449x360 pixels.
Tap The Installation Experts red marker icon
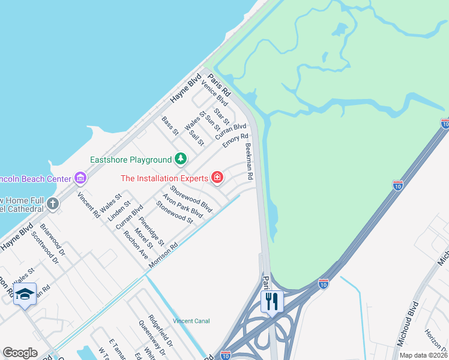click(x=217, y=178)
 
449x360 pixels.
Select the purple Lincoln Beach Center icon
click(x=80, y=178)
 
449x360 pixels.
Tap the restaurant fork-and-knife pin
click(x=272, y=300)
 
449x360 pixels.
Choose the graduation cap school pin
click(x=25, y=294)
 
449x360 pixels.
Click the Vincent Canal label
click(x=191, y=321)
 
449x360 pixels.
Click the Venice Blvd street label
click(x=215, y=92)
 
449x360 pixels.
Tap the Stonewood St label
click(x=174, y=212)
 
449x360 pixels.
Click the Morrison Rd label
click(x=164, y=255)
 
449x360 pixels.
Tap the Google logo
click(x=20, y=353)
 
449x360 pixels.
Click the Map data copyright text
click(x=423, y=355)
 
